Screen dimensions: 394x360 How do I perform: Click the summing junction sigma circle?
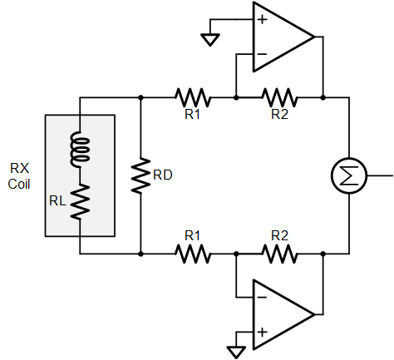pos(349,175)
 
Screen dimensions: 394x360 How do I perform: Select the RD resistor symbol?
pos(140,175)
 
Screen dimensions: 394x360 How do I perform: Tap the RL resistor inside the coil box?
pos(80,202)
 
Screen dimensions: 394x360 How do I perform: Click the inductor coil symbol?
pos(80,150)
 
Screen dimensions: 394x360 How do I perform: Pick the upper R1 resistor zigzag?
pos(193,97)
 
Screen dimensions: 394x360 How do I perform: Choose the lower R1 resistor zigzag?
pos(193,254)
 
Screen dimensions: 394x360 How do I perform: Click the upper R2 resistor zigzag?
pos(279,97)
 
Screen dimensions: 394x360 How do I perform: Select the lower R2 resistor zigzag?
pos(279,254)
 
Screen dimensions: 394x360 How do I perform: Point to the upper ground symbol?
pos(210,40)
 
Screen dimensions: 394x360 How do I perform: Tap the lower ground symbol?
pos(236,353)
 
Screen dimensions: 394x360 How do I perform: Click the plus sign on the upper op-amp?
pos(262,20)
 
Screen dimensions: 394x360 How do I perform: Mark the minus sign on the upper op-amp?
pos(262,54)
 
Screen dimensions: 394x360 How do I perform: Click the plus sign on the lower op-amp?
pos(262,332)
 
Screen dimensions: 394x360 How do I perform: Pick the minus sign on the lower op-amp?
pos(262,298)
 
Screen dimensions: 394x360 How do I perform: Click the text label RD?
pos(163,175)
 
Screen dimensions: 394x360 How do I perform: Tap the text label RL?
pos(57,201)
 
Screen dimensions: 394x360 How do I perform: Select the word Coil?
pos(19,184)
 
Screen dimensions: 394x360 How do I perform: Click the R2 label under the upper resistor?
pos(279,114)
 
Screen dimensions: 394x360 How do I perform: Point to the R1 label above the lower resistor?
pos(192,236)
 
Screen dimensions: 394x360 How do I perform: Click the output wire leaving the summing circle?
pos(380,175)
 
